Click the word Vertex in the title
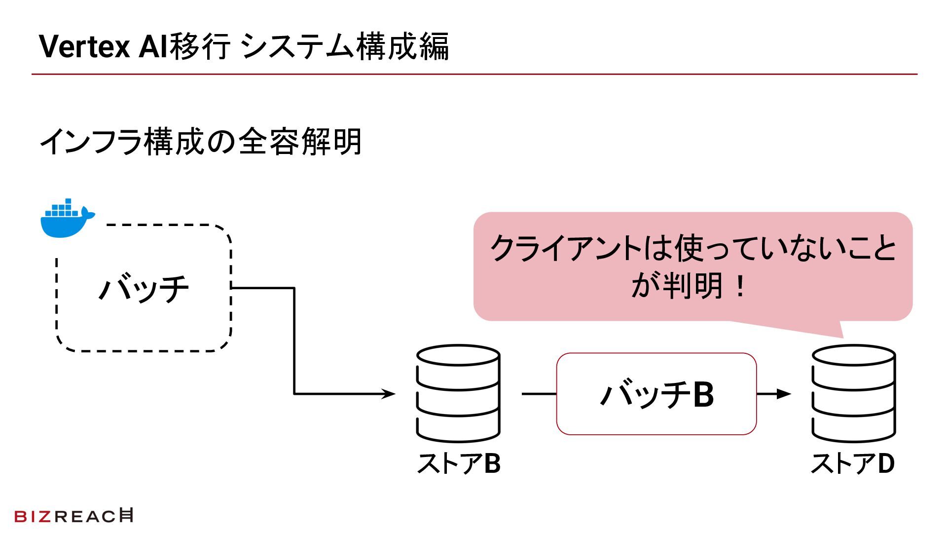point(84,47)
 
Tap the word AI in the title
point(153,47)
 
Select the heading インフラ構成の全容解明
point(200,142)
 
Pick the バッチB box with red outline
point(656,394)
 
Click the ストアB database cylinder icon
point(458,393)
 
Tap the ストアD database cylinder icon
point(853,393)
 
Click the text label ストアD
point(853,464)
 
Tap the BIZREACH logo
point(74,516)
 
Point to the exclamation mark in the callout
point(740,287)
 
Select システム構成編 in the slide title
point(346,47)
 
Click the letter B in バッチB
point(703,395)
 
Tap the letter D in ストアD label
point(886,464)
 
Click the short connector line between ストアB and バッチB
point(539,394)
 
